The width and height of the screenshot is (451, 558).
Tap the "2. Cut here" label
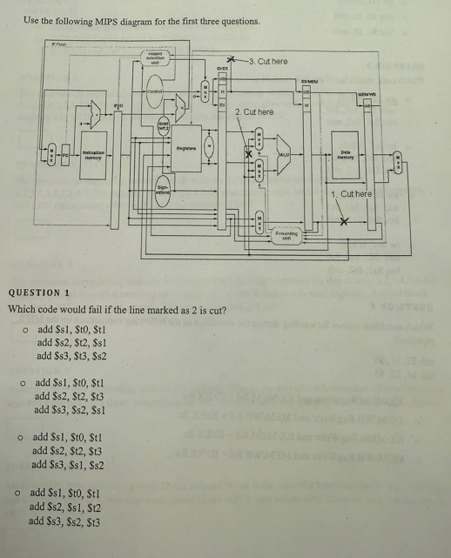point(253,112)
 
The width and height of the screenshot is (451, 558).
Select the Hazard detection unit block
point(154,57)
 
